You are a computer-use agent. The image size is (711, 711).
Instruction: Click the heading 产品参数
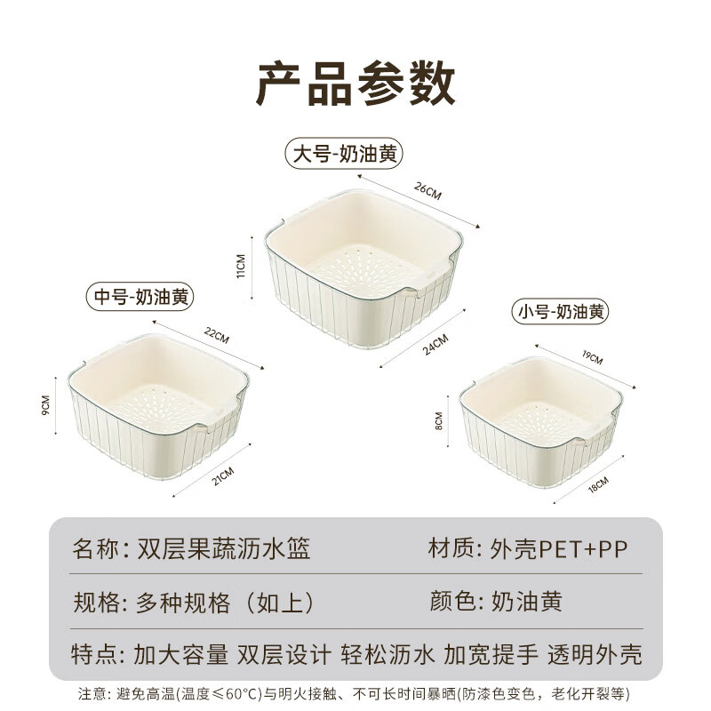[x=355, y=84]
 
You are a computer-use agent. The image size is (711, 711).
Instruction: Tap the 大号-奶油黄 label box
[x=344, y=153]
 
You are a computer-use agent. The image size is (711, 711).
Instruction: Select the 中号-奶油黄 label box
[x=139, y=296]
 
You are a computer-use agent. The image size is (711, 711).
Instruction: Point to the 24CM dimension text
[x=435, y=342]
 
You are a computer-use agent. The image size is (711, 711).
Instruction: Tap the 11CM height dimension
[x=240, y=266]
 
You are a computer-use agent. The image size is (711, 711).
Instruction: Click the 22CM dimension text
[x=217, y=336]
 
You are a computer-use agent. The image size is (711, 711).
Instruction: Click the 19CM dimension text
[x=593, y=358]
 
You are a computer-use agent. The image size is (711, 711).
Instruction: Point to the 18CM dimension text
[x=596, y=485]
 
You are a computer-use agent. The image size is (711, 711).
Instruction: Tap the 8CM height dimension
[x=438, y=419]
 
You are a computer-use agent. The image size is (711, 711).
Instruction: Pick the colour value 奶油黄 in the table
[x=526, y=602]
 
